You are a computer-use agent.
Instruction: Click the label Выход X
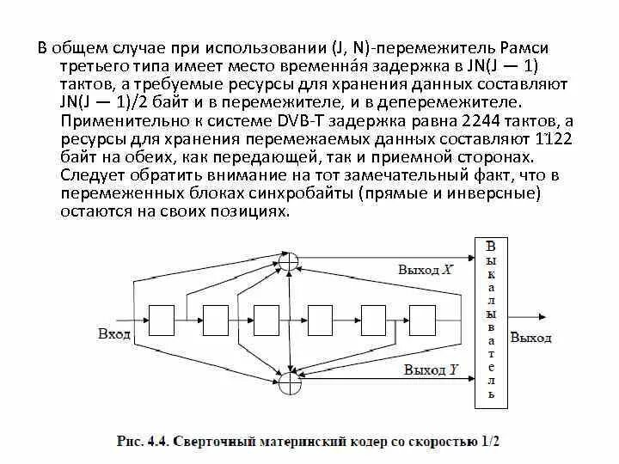click(425, 269)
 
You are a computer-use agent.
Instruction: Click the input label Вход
click(114, 333)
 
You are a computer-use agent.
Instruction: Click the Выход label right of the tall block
click(530, 338)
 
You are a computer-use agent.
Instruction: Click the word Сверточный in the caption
click(211, 443)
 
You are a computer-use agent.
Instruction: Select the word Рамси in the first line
click(517, 47)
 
